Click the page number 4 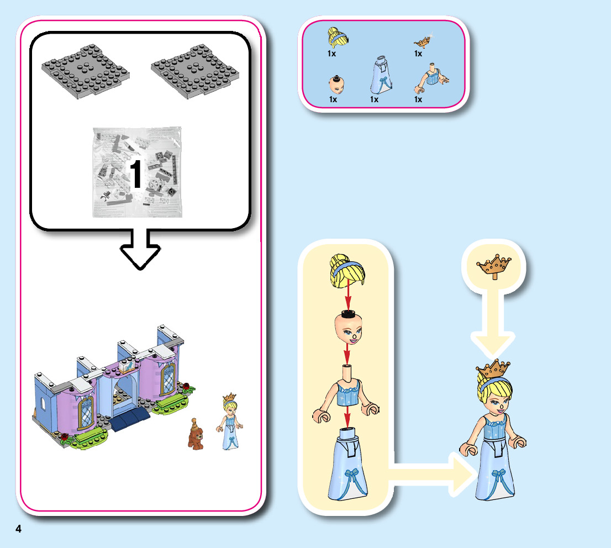pos(18,529)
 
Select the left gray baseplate pos(87,71)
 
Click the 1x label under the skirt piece pos(374,100)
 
